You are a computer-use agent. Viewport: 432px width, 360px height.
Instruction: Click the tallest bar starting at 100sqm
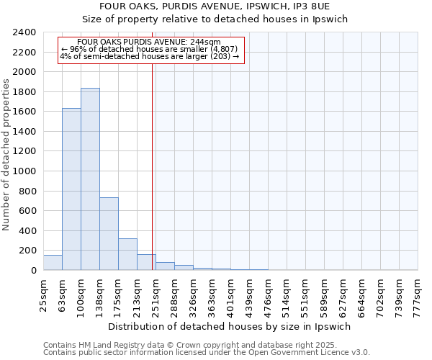(90, 179)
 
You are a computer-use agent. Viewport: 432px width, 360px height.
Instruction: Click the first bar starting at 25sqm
(53, 263)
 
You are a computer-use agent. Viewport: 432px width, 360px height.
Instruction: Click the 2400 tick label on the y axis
(24, 33)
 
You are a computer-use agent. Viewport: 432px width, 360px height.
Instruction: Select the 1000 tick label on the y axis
(24, 171)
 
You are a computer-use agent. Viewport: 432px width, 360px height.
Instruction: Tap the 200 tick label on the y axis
(27, 251)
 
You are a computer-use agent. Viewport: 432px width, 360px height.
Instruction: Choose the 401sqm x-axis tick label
(231, 296)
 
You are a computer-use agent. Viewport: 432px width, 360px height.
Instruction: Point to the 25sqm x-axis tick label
(44, 294)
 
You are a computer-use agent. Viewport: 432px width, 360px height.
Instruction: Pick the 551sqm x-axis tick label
(306, 296)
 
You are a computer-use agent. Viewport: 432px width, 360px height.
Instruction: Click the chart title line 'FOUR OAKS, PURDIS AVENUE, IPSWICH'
(215, 6)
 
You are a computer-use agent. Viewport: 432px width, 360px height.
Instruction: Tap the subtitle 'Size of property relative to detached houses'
(215, 19)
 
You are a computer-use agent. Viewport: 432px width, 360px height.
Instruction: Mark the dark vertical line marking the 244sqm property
(153, 158)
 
